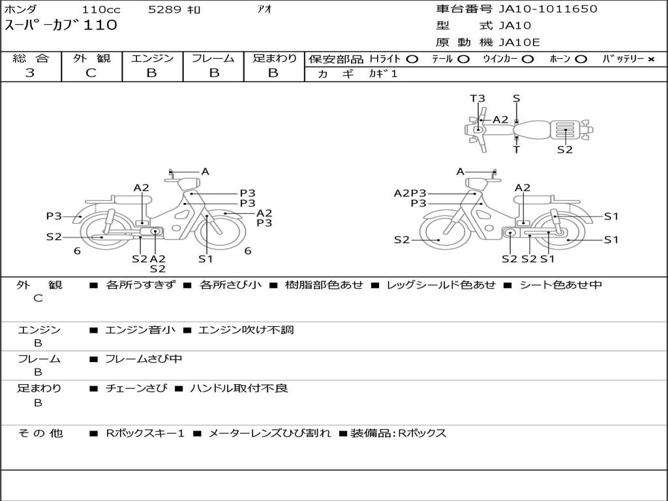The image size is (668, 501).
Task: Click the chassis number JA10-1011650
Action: coord(548,9)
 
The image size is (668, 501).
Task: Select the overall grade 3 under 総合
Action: coord(30,73)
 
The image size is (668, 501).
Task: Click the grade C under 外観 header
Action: coord(91,73)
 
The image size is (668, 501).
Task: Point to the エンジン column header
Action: coord(152,58)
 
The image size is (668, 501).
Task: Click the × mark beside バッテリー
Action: coord(651,59)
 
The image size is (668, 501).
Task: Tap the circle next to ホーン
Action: coord(581,59)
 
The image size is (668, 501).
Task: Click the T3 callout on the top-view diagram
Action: coord(478,99)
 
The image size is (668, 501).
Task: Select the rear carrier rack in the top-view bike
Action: coord(565,130)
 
